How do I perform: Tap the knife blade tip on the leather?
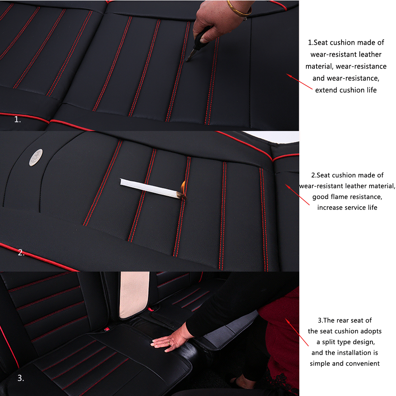pos(188,60)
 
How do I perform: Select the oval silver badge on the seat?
pos(36,157)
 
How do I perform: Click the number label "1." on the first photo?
pos(17,120)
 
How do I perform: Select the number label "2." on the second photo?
pos(21,253)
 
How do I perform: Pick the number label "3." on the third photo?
pos(21,378)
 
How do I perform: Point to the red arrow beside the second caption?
pos(297,195)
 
